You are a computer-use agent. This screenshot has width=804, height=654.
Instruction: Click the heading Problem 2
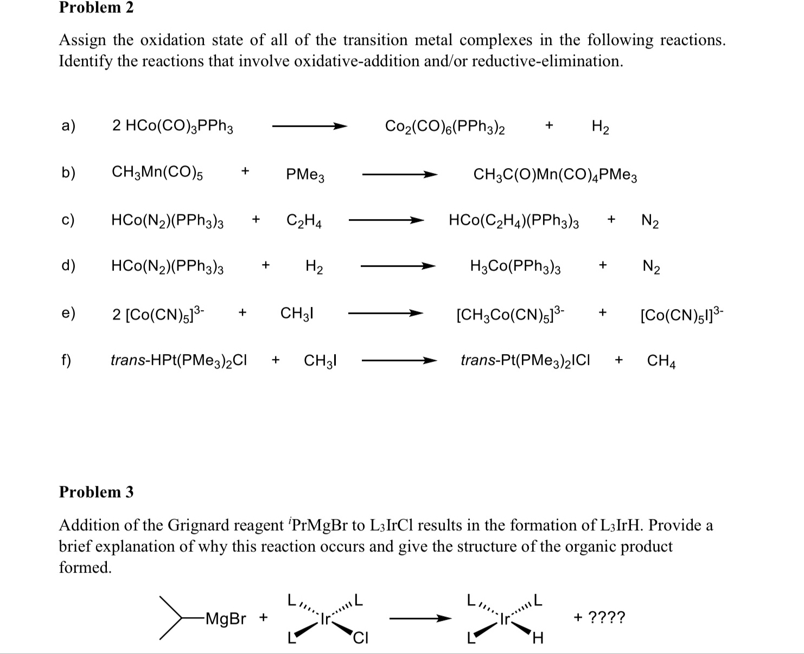[96, 8]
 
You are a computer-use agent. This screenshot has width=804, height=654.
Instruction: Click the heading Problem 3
[96, 492]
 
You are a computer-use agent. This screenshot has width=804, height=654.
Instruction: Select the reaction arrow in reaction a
[309, 126]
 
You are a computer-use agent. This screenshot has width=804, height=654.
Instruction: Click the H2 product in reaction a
[600, 127]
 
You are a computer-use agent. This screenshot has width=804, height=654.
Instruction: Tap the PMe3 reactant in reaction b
[305, 175]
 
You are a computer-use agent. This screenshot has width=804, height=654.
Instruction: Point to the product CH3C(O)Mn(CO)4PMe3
[555, 175]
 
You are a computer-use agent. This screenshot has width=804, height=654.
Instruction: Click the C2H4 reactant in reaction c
[304, 221]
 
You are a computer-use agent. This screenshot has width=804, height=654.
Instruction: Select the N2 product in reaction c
[650, 221]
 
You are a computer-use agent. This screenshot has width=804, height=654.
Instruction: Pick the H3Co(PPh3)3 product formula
[515, 266]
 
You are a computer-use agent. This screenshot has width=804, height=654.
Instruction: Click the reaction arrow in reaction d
[398, 266]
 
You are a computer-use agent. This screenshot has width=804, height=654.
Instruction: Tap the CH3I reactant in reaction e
[297, 313]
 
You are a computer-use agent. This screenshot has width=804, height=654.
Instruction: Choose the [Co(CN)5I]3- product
[681, 314]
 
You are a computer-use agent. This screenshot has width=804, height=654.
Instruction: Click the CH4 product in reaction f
[661, 361]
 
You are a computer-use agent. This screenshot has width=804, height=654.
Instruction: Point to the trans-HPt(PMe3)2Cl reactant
[178, 361]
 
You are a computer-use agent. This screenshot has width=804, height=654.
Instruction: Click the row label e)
[68, 313]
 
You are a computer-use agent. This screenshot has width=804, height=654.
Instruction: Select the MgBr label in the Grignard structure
[226, 619]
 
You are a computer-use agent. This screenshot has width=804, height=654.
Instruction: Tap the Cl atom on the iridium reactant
[360, 638]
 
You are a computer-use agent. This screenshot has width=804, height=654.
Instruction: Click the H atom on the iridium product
[538, 639]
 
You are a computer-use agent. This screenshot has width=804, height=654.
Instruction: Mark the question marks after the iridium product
[607, 617]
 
